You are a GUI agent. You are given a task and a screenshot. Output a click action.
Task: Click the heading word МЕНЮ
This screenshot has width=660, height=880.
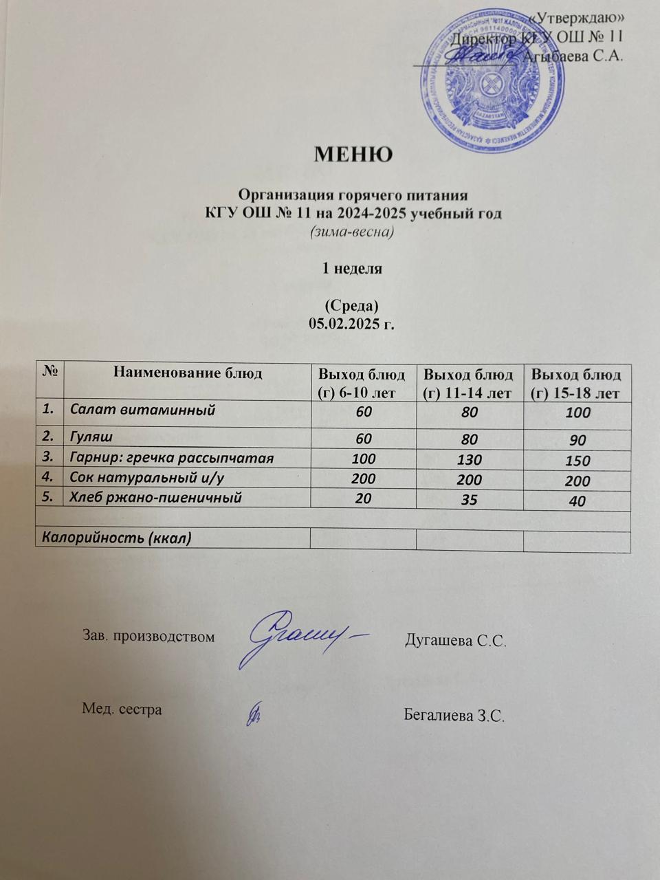pyautogui.click(x=353, y=153)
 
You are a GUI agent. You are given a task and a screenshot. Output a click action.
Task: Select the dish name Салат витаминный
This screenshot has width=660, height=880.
pyautogui.click(x=142, y=410)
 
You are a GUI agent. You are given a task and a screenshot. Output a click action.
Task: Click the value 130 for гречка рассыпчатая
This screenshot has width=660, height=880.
pyautogui.click(x=468, y=459)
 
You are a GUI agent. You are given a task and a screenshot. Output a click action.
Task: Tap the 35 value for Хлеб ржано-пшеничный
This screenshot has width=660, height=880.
pyautogui.click(x=470, y=500)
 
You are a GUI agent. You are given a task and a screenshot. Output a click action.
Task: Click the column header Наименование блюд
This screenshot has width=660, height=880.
pyautogui.click(x=188, y=373)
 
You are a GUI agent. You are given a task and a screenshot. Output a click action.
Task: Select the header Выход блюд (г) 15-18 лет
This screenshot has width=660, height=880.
pyautogui.click(x=577, y=384)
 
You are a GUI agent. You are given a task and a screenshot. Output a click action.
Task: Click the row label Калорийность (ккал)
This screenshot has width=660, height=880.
pyautogui.click(x=117, y=538)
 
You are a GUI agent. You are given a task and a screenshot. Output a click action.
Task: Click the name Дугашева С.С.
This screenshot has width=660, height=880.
pyautogui.click(x=456, y=641)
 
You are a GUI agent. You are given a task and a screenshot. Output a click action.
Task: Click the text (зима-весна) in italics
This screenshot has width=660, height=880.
pyautogui.click(x=352, y=232)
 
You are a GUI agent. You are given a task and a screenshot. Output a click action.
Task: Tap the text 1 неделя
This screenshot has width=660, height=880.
pyautogui.click(x=353, y=269)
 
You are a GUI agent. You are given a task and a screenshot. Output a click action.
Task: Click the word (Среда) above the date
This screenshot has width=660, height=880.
pyautogui.click(x=351, y=305)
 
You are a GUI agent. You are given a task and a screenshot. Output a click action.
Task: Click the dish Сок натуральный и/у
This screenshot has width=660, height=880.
pyautogui.click(x=148, y=478)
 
